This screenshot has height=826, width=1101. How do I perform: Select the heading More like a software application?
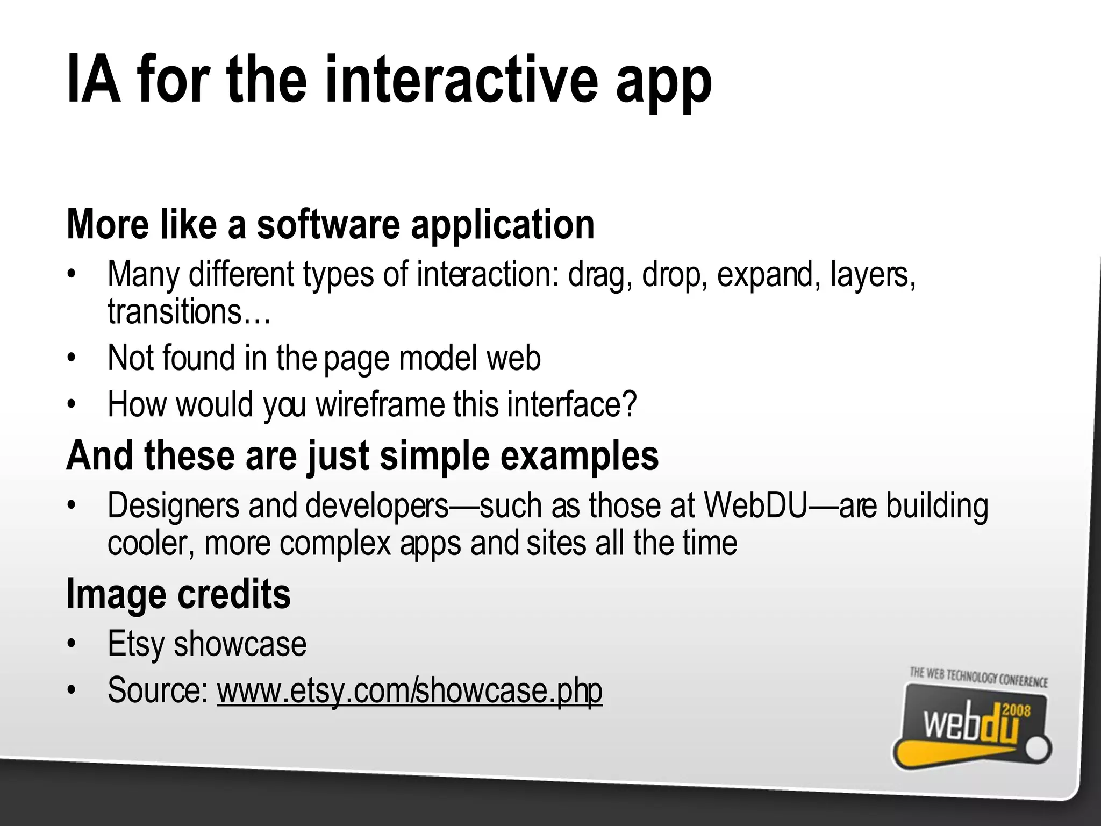(330, 224)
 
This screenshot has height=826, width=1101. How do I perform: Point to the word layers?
(871, 275)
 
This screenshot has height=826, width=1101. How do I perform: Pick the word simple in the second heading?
(434, 456)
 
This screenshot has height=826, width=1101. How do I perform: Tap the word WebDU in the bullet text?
(755, 506)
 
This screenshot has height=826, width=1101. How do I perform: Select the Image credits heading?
(178, 594)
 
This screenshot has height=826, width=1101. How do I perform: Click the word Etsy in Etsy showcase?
(135, 644)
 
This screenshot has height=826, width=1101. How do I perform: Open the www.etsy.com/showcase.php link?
(409, 690)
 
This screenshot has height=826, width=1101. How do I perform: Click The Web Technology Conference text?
(978, 678)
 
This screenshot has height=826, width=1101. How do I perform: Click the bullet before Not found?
(70, 358)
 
